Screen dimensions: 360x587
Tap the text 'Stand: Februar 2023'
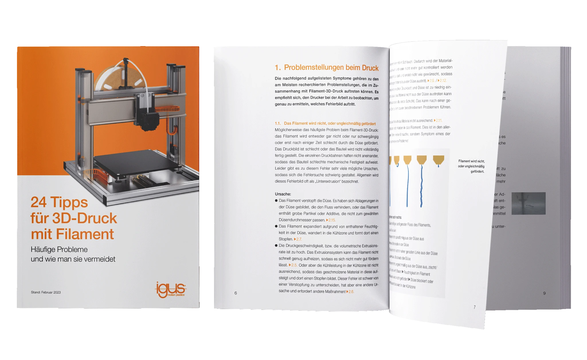click(x=46, y=292)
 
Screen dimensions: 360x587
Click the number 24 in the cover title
click(x=38, y=202)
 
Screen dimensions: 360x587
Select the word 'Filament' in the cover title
click(x=85, y=234)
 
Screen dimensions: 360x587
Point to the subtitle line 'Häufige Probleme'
click(x=59, y=249)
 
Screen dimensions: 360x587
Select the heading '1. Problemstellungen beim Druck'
click(x=326, y=68)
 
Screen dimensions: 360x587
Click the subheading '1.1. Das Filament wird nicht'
click(x=325, y=123)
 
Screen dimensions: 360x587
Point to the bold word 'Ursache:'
click(x=283, y=194)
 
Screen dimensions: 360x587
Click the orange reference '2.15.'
click(x=331, y=220)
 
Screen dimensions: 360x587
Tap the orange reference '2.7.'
click(x=298, y=239)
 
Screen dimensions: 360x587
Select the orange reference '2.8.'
click(x=351, y=292)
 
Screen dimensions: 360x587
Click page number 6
click(x=236, y=293)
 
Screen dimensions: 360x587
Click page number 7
click(x=474, y=307)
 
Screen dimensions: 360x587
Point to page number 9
click(x=544, y=293)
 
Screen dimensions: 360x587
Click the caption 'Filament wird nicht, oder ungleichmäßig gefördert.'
click(x=471, y=166)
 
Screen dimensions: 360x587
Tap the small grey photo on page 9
click(x=528, y=203)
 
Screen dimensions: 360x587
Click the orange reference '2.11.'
click(x=439, y=121)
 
